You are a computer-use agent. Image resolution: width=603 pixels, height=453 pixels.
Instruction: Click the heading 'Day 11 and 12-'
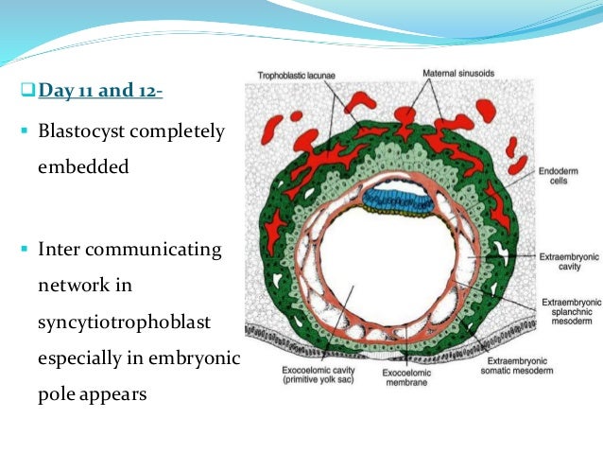pyautogui.click(x=99, y=92)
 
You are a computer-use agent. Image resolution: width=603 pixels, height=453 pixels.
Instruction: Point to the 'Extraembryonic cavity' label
pyautogui.click(x=564, y=262)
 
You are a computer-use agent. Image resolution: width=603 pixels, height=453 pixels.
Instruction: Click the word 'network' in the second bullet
pyautogui.click(x=74, y=287)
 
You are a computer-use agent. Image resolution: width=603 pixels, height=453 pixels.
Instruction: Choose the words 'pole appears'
pyautogui.click(x=92, y=394)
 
